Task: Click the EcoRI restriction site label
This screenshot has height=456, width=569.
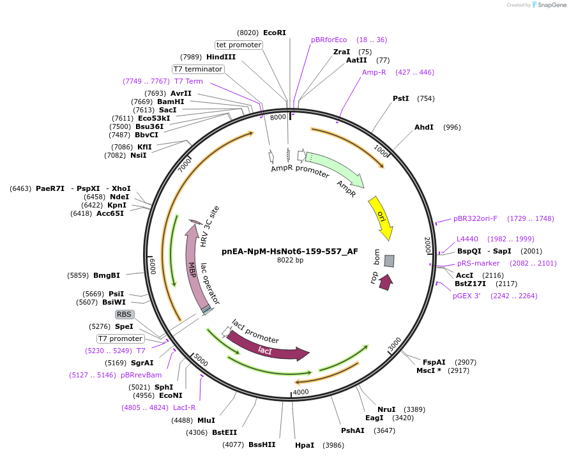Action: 275,33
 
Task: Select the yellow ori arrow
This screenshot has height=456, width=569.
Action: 381,215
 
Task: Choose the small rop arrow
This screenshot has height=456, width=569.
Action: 385,282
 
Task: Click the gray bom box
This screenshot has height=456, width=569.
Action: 389,261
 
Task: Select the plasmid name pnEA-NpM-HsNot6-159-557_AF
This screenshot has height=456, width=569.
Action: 290,251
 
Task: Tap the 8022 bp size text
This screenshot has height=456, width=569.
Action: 290,260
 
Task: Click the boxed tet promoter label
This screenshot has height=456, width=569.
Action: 239,45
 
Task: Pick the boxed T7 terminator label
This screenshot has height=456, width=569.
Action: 198,69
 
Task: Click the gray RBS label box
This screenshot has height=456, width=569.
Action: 124,314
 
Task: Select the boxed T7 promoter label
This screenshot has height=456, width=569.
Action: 120,338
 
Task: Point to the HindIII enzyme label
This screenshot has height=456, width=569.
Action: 221,57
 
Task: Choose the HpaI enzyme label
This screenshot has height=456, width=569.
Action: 304,445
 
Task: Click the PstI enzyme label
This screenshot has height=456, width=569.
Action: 400,98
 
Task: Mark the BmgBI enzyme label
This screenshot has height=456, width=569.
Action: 107,275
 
